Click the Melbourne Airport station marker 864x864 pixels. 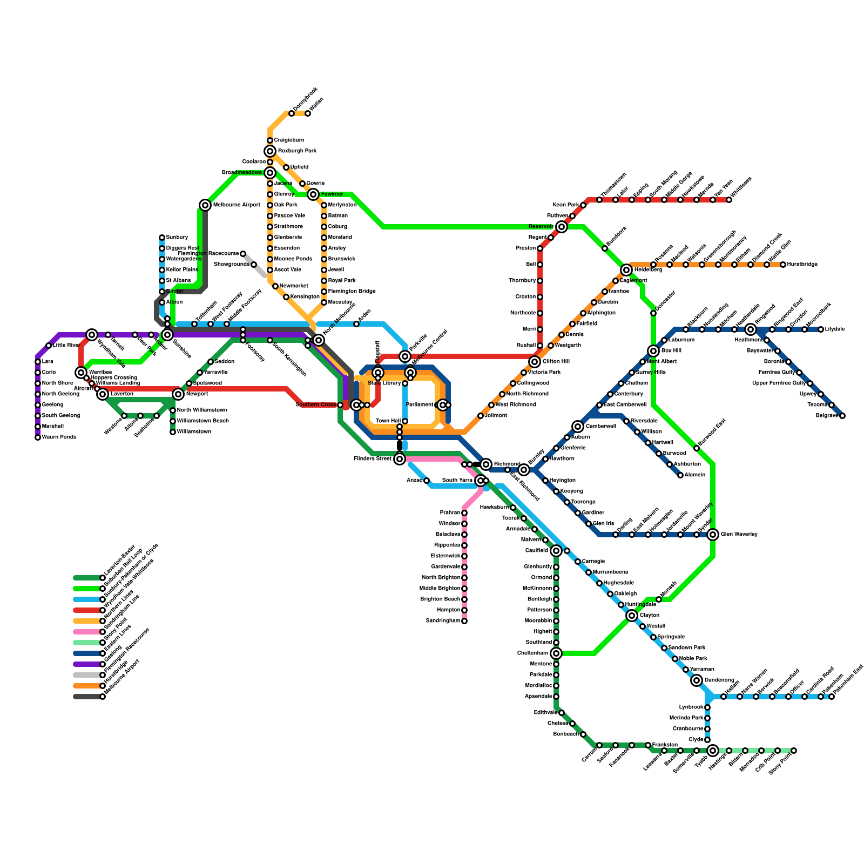click(205, 205)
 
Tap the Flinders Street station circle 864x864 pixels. click(400, 459)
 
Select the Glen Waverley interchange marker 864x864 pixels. click(713, 535)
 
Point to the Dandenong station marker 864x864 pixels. click(697, 680)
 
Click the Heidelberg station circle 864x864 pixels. click(626, 270)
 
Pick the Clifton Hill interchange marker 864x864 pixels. click(535, 362)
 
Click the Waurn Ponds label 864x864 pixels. click(59, 437)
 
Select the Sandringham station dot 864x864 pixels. click(464, 621)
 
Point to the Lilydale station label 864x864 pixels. click(835, 329)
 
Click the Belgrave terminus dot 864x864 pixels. click(842, 416)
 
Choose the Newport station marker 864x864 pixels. click(178, 394)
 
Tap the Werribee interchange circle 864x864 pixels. click(81, 373)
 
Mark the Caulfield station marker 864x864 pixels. click(556, 551)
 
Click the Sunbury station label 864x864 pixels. click(177, 238)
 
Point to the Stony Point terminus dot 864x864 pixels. click(794, 751)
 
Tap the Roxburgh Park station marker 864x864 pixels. click(270, 151)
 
